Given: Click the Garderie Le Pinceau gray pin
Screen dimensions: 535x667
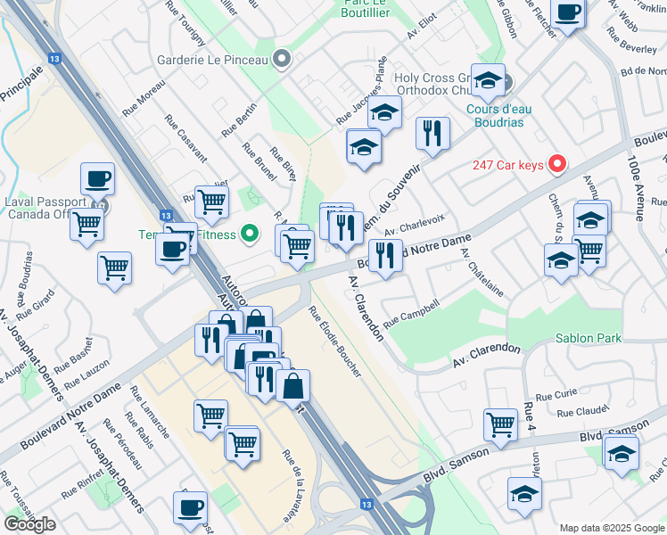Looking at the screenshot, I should tap(283, 60).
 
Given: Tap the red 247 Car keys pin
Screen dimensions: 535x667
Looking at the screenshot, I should tap(557, 164).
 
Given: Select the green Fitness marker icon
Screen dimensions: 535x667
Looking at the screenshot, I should tap(251, 235).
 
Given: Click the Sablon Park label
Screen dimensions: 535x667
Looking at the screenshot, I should tap(587, 339).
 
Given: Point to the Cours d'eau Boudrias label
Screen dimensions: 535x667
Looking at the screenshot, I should tap(498, 115).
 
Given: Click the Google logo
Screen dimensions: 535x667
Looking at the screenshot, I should tap(30, 524).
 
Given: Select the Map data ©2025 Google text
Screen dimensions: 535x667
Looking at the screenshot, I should tap(612, 528).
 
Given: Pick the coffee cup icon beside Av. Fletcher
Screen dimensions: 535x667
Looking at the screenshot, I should tap(567, 12).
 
